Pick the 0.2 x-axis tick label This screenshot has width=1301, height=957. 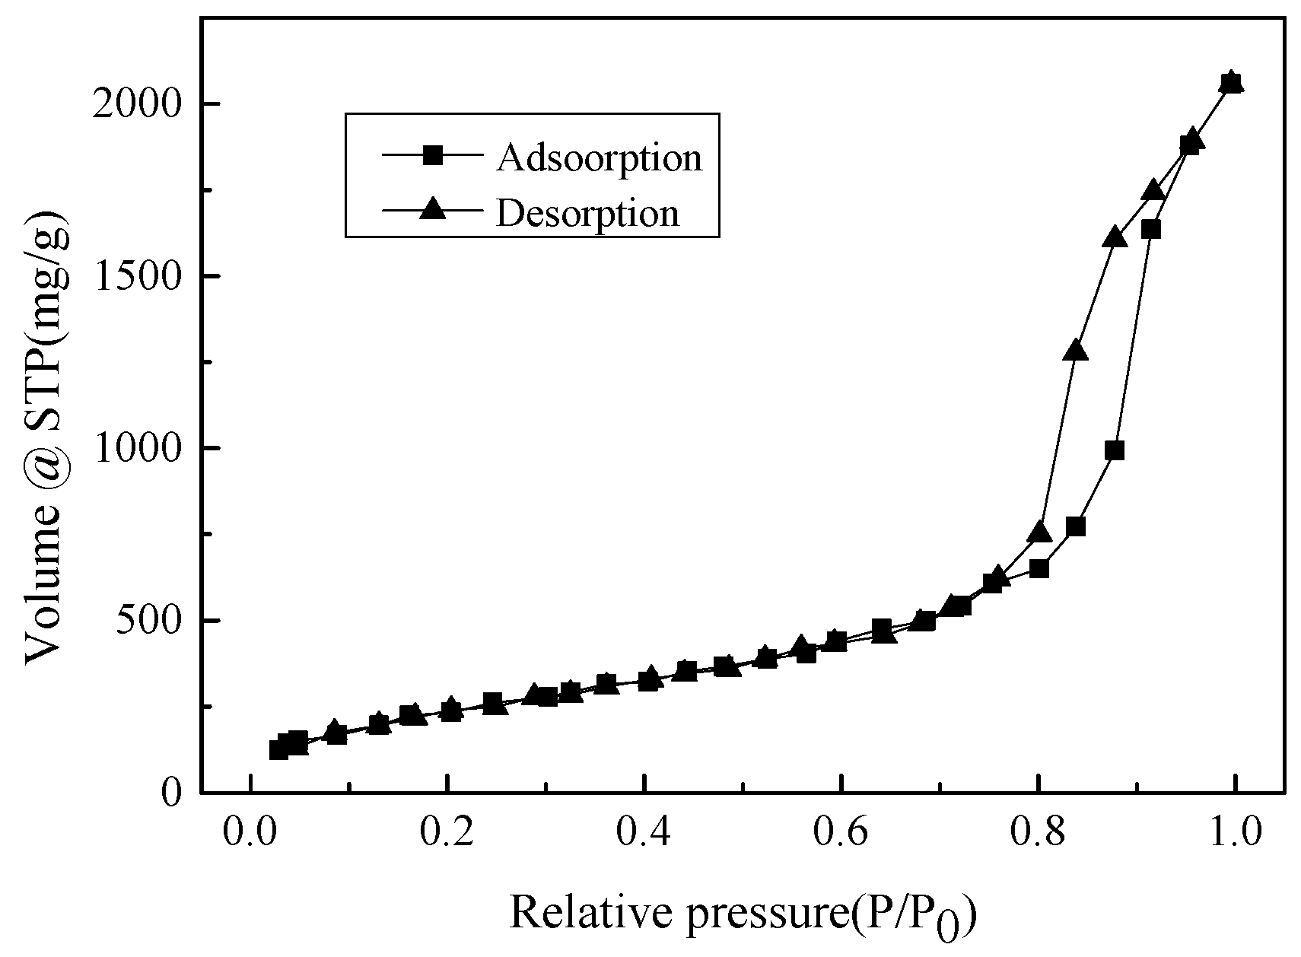[447, 832]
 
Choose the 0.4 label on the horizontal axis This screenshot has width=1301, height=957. [644, 832]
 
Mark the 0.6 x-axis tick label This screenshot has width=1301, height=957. [841, 832]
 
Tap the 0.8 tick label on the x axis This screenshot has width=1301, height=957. [1038, 832]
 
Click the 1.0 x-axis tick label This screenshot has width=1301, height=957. [1234, 832]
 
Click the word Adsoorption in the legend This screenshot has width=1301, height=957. [600, 157]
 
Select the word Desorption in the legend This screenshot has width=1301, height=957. [587, 213]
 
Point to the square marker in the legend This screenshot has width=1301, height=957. [433, 156]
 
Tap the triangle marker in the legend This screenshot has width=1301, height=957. [433, 209]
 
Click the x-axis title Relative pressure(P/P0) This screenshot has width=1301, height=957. [742, 913]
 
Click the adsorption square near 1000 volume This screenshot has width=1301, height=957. [1115, 450]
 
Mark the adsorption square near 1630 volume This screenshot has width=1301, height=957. [1151, 229]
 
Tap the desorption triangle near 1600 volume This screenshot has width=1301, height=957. [1115, 237]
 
